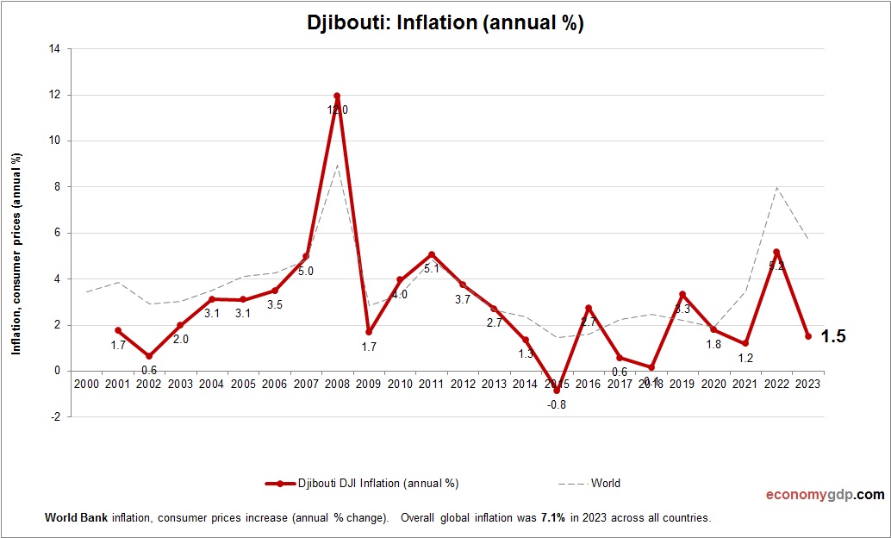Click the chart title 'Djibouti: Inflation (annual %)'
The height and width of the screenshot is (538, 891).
[445, 23]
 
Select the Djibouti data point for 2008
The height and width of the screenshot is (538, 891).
[337, 96]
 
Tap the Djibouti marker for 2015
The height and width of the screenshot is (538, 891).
[557, 391]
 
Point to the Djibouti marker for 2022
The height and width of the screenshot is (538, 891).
[776, 252]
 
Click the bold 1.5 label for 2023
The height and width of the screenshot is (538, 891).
[832, 336]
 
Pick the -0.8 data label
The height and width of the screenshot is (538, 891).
[557, 404]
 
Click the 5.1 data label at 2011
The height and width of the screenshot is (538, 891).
[431, 268]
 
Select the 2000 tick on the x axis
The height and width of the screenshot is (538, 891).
[86, 384]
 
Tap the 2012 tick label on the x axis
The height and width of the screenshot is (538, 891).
[463, 384]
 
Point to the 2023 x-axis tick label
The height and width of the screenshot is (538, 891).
[808, 384]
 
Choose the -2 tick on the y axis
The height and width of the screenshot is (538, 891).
[54, 417]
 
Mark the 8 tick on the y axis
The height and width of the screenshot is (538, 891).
[56, 187]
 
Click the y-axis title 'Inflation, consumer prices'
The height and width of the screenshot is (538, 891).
[16, 255]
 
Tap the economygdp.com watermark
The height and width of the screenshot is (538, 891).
[825, 495]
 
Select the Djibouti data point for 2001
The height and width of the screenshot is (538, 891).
[118, 330]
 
